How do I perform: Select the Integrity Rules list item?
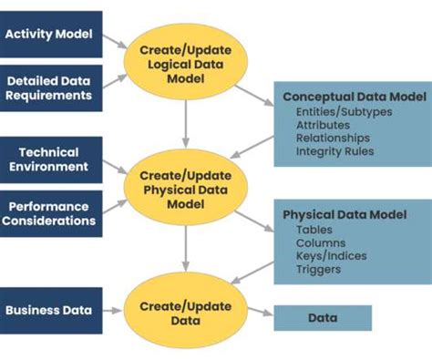tap(334, 151)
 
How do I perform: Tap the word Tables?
tap(314, 230)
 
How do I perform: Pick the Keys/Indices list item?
tap(331, 256)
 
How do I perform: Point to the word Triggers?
tap(318, 270)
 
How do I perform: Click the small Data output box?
tap(323, 318)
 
